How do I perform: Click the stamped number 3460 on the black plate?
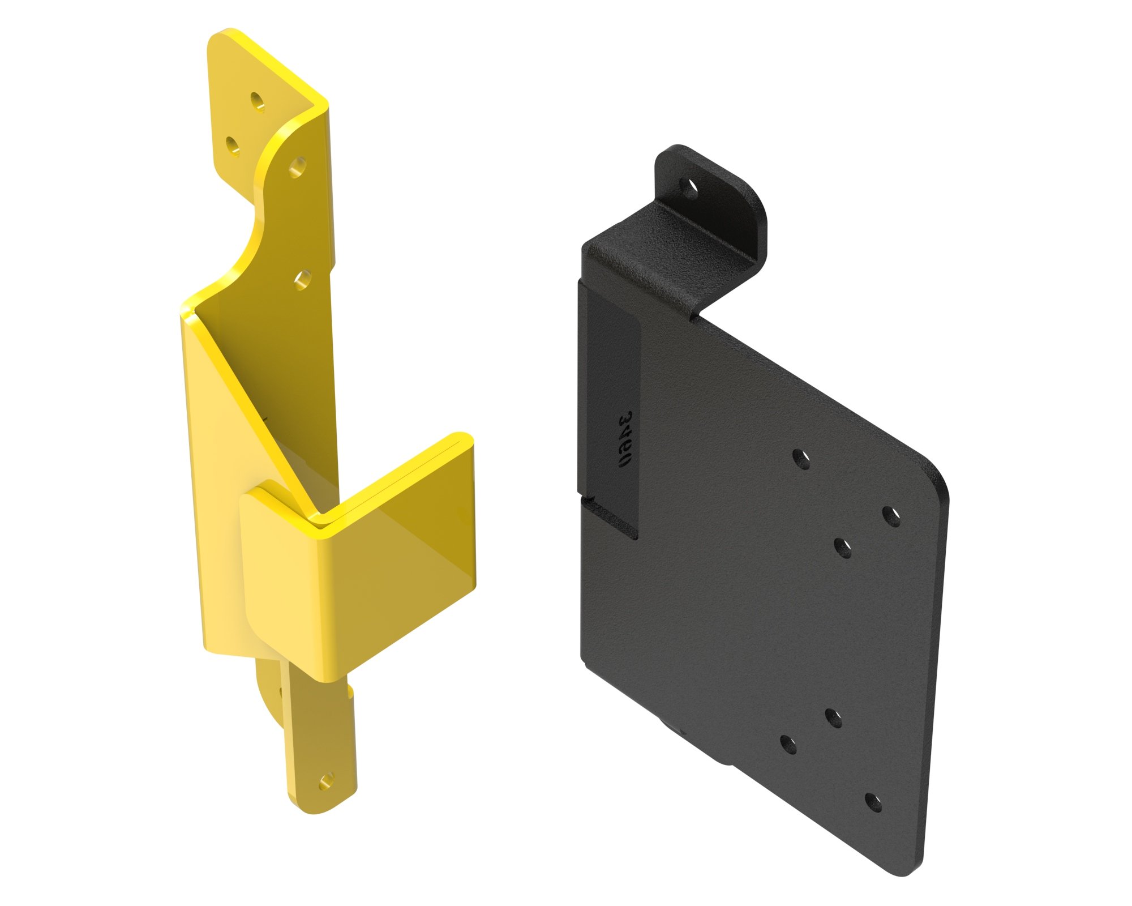click(625, 439)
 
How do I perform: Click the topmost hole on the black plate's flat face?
click(800, 459)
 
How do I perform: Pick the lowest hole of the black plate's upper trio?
click(843, 548)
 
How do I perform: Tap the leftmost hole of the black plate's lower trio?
click(788, 744)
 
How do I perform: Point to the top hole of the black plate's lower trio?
click(833, 717)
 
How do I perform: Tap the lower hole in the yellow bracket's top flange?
click(233, 146)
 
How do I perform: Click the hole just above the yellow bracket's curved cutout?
click(297, 167)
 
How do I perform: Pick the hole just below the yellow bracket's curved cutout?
click(303, 279)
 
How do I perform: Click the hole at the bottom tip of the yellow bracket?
click(325, 783)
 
